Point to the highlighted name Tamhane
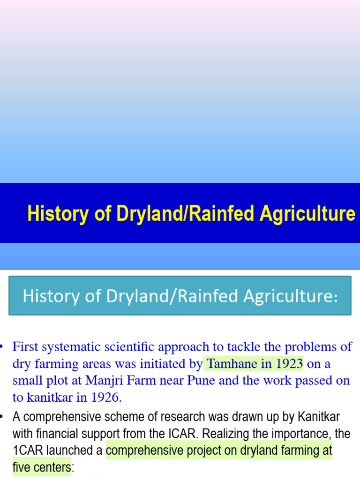pos(231,363)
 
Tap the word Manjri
pos(102,380)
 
